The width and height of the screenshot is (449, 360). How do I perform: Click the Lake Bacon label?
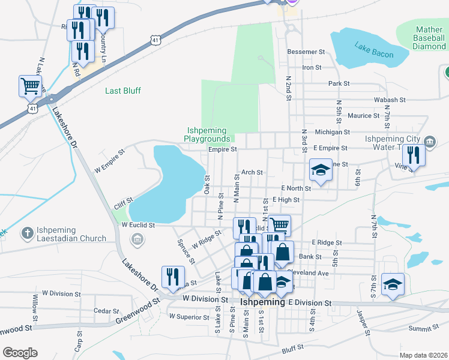coord(373,50)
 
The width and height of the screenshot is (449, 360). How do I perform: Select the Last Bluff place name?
coord(123,91)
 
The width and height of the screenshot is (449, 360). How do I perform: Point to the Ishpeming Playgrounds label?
coord(206,134)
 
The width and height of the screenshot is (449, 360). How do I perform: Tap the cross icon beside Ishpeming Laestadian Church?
coord(27,232)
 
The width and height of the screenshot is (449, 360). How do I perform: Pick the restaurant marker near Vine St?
coord(414,154)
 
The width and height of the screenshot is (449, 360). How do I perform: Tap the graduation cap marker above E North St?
coord(321,170)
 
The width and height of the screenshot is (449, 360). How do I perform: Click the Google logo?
coord(20,352)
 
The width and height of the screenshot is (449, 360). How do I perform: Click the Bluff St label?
coord(293,347)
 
